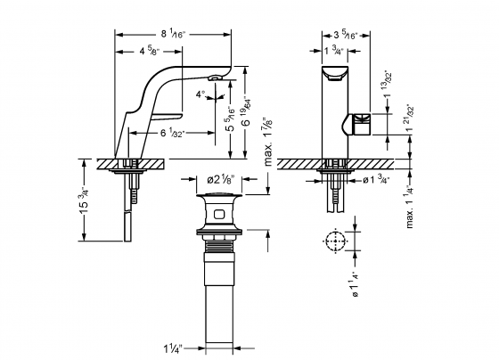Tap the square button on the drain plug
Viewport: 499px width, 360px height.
pyautogui.click(x=219, y=213)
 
